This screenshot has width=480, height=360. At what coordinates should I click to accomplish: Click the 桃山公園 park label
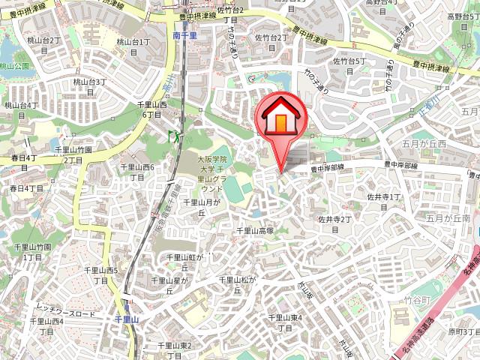tap(14, 66)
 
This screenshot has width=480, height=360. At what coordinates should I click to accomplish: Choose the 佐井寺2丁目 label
tap(334, 224)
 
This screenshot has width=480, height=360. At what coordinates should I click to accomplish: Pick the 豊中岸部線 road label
tap(327, 170)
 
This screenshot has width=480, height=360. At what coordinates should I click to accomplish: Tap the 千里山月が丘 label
tap(201, 207)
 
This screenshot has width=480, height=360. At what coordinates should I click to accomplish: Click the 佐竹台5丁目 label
tap(349, 66)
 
